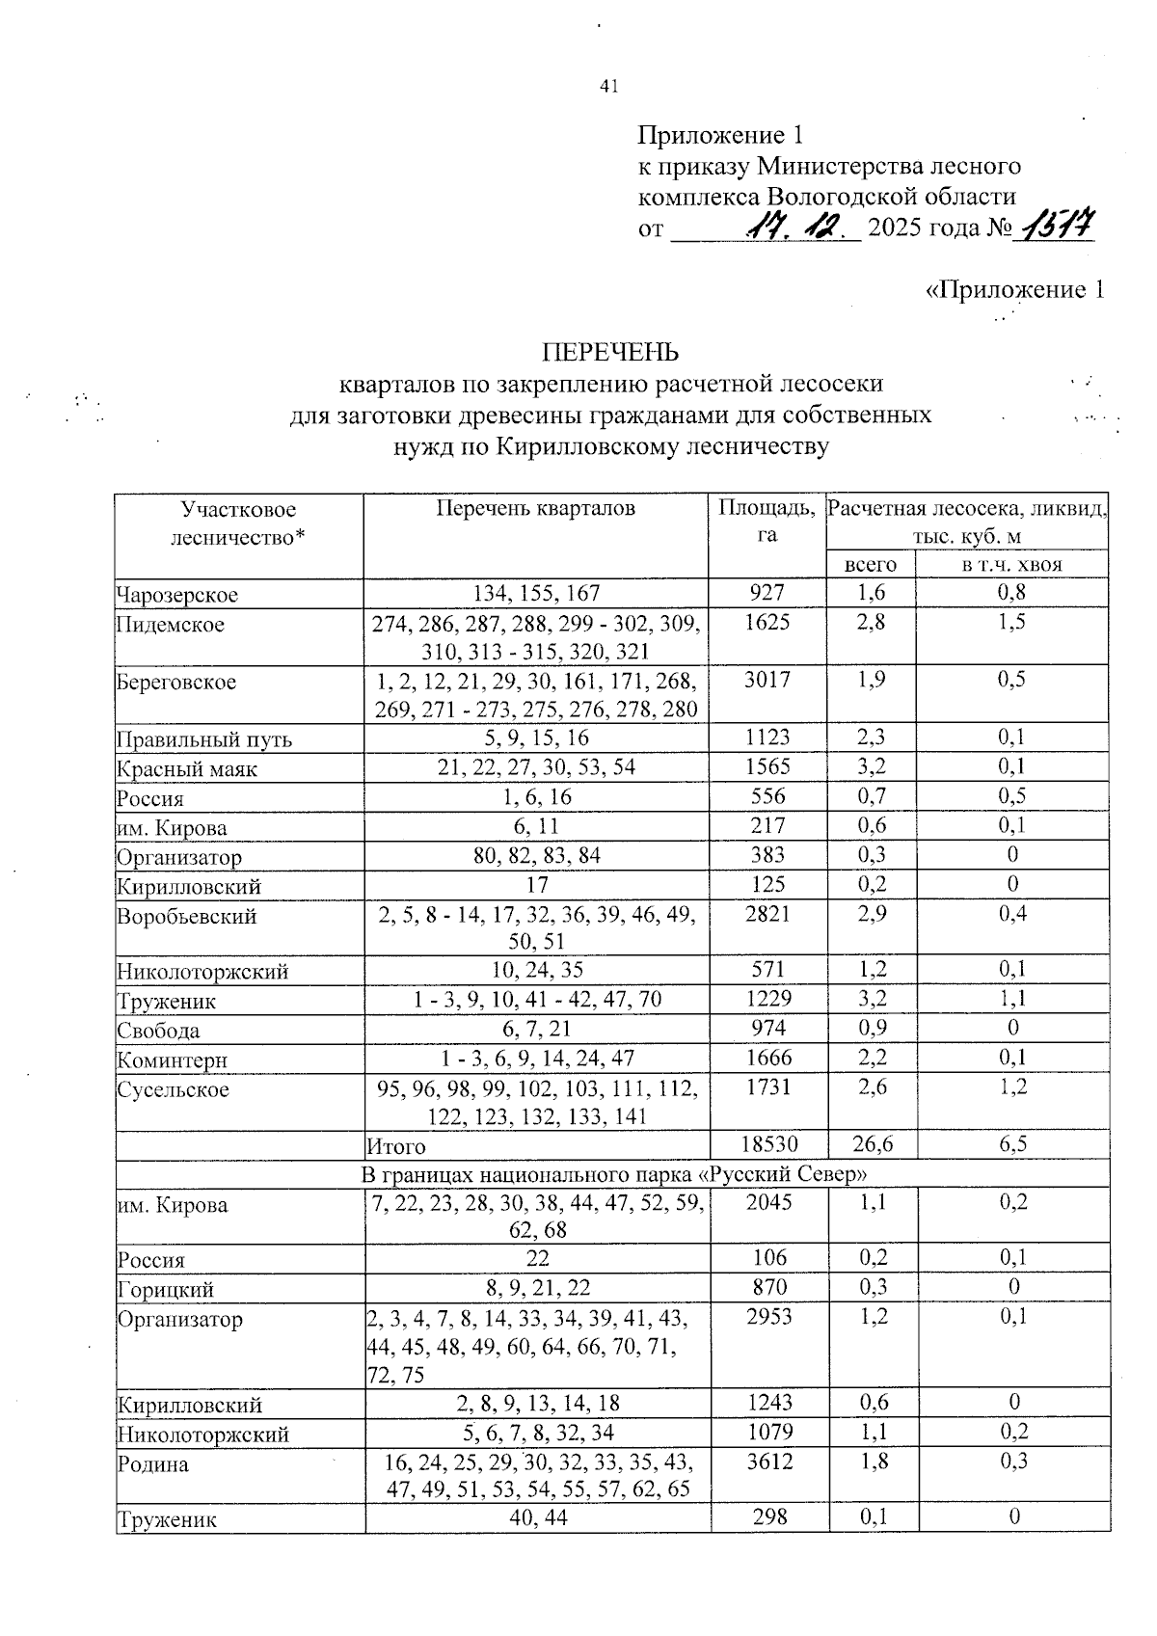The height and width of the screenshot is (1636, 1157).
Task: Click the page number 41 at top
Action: coord(608,86)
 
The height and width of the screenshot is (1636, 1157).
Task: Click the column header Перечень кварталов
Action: coord(535,508)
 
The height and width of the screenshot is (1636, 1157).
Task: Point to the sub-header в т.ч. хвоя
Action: coord(1011,565)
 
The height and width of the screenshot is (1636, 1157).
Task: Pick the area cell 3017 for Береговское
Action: coord(767,680)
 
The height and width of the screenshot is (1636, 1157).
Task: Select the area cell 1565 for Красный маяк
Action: coord(767,766)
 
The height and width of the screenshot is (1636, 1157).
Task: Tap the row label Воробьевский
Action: coord(186,917)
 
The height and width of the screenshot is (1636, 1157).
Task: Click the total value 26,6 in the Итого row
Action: coord(872,1144)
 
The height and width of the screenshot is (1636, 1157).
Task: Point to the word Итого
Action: coord(396,1146)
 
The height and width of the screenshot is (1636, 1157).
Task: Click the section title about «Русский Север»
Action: coord(613,1174)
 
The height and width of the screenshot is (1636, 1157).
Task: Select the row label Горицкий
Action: coord(166,1290)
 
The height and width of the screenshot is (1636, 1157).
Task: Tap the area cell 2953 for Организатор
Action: coord(767,1317)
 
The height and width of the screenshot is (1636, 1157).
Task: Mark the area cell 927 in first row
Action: coord(767,593)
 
